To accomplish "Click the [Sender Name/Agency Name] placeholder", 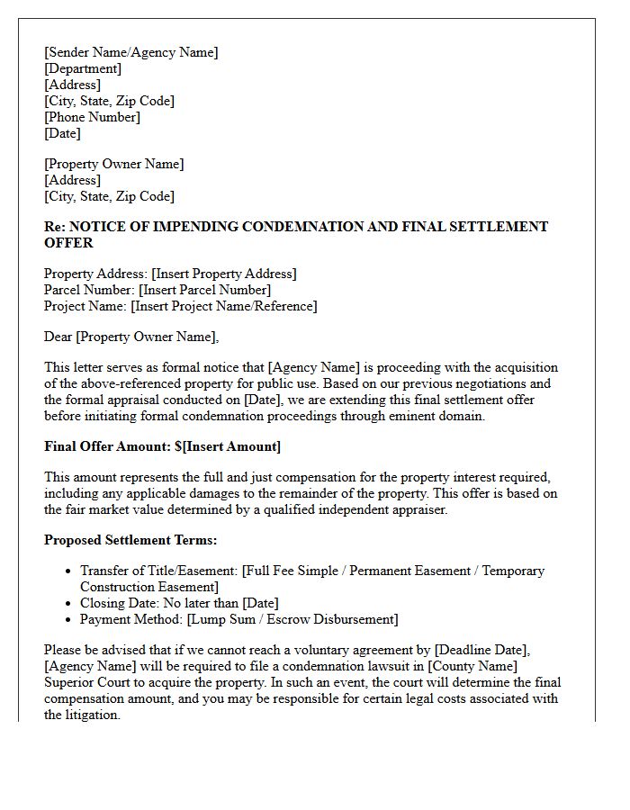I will (130, 52).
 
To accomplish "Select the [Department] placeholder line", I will (83, 68).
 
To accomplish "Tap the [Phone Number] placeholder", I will (92, 117).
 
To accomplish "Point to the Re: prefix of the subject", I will (55, 227).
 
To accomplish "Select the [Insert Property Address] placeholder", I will (224, 274).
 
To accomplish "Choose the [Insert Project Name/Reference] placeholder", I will (224, 306).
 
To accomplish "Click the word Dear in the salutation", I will (58, 337).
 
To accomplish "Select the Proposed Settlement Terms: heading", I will (130, 540).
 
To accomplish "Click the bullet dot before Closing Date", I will (69, 604).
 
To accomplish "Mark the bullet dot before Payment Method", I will (69, 620).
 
